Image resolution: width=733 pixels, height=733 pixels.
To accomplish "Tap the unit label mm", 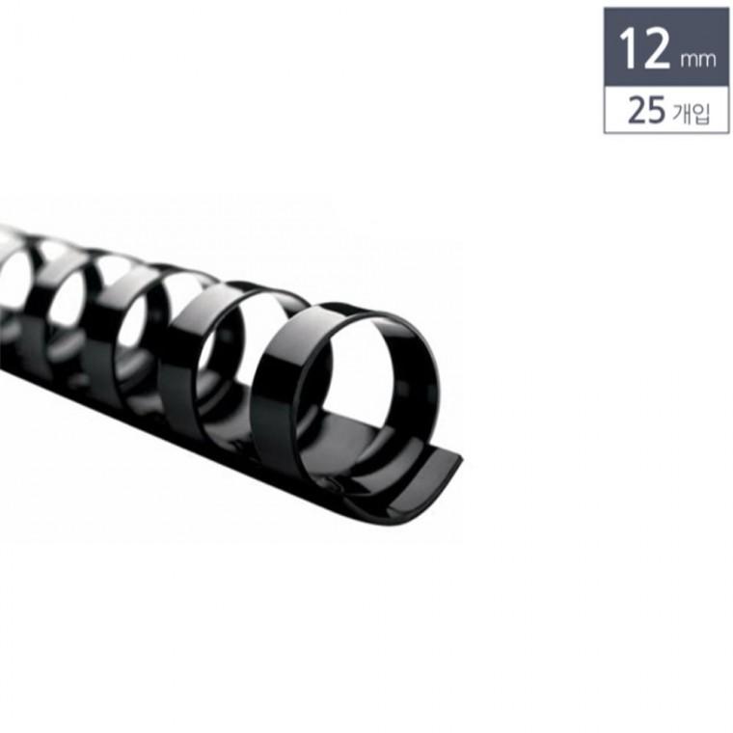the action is (x=698, y=60).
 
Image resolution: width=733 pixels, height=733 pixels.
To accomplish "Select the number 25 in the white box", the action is (x=646, y=110).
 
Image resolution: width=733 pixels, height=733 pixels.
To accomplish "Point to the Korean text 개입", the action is (x=691, y=113).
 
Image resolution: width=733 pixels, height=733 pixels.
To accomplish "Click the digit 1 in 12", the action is (x=628, y=47).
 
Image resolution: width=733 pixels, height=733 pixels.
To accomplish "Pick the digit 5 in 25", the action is (x=656, y=110).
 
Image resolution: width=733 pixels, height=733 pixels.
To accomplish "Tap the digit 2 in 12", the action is (x=658, y=47).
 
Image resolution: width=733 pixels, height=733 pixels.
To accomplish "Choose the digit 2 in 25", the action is (x=637, y=110).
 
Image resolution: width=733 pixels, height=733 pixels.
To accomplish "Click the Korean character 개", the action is (x=682, y=113).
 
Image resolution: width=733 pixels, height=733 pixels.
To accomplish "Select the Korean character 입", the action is (x=701, y=114).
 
